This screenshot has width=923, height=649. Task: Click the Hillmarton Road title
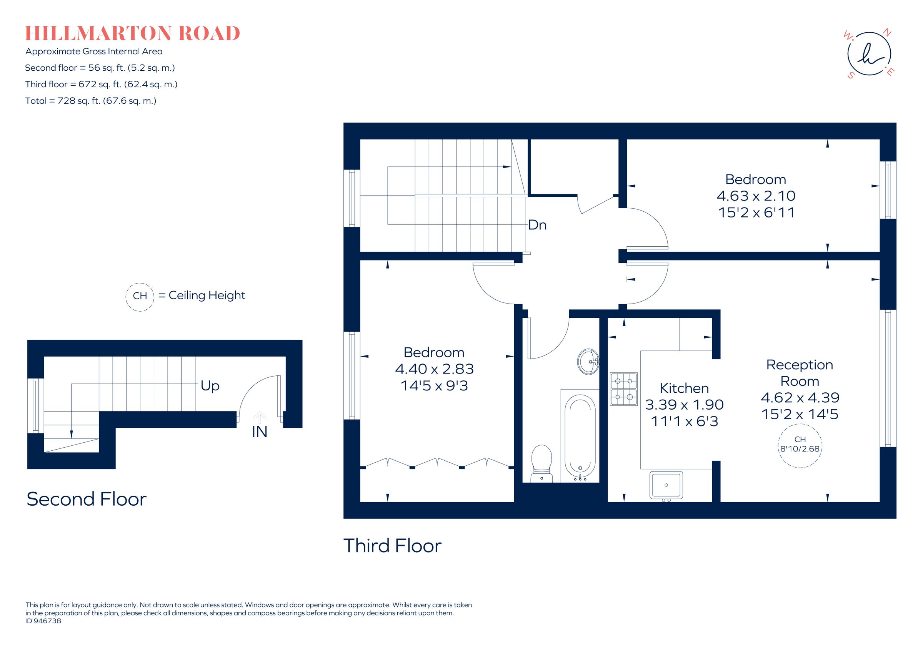click(132, 33)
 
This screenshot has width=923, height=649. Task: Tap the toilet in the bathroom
click(541, 462)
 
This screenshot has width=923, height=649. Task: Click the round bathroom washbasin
click(588, 362)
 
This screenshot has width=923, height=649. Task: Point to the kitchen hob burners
click(623, 389)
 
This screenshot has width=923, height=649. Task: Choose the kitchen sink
click(666, 485)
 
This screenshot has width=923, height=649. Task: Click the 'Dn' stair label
click(537, 225)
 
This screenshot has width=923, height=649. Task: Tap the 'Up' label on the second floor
click(210, 386)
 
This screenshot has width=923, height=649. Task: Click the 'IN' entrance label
click(259, 432)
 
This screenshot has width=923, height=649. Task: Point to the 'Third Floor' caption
click(392, 546)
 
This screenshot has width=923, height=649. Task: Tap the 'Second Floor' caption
click(87, 499)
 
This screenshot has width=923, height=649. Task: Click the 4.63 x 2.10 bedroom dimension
click(756, 196)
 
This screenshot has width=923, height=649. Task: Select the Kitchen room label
click(684, 388)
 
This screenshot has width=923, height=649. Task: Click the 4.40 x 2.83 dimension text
click(434, 368)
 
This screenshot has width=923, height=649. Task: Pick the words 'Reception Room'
click(800, 373)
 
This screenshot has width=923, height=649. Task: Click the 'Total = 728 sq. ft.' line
click(90, 101)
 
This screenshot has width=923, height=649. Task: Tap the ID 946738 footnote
click(43, 621)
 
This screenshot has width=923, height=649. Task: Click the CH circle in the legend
click(140, 296)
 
